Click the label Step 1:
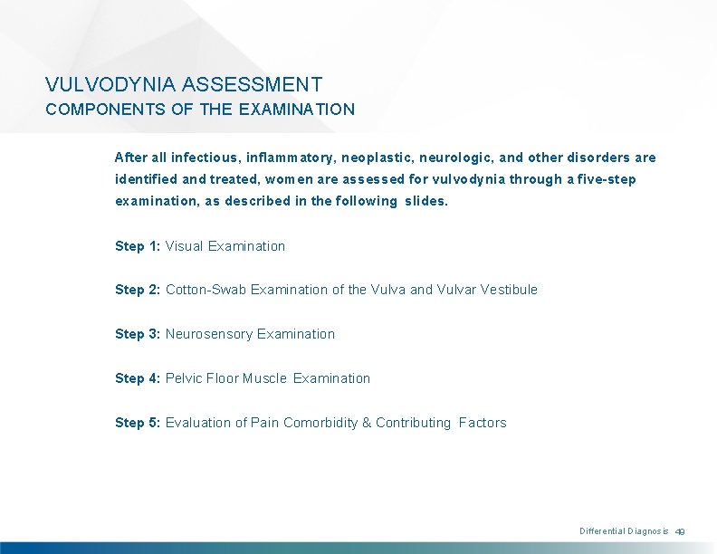138,246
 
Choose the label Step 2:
138,290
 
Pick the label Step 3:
138,334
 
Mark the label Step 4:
138,378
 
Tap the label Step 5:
138,423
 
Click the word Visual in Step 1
185,246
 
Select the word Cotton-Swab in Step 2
206,290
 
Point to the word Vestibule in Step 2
508,290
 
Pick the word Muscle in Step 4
265,378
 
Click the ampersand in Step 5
367,423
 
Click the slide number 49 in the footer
682,531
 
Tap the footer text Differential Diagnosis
624,531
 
